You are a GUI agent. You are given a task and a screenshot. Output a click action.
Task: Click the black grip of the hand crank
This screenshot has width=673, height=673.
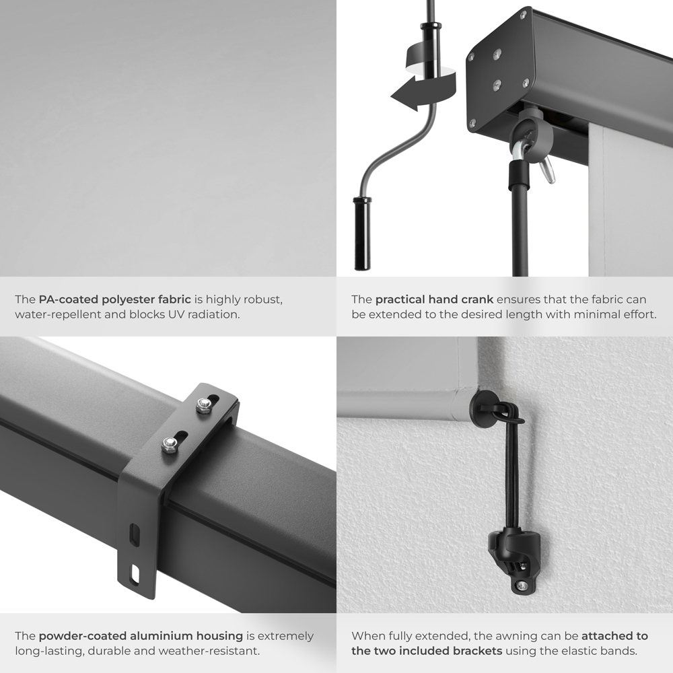[x=362, y=234]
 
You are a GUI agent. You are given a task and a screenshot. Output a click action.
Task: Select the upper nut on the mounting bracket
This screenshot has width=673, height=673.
[x=203, y=405]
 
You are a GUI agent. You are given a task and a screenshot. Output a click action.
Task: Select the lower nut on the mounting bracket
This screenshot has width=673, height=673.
[x=170, y=444]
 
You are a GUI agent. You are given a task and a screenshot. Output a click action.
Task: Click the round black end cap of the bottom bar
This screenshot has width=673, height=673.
[x=484, y=405]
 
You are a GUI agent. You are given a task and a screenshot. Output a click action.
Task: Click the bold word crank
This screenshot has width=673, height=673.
[x=480, y=299]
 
